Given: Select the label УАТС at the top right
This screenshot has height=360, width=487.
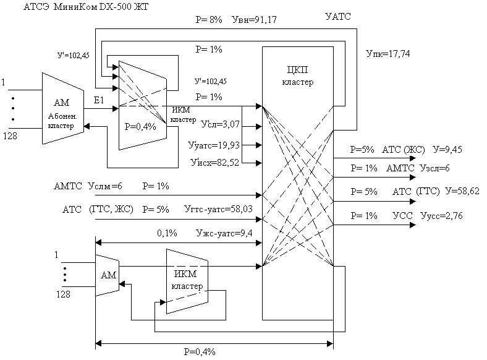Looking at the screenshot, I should pyautogui.click(x=337, y=17).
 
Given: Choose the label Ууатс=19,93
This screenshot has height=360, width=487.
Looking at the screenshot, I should pyautogui.click(x=213, y=145).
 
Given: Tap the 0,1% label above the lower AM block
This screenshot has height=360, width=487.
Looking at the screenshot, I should pyautogui.click(x=167, y=233).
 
